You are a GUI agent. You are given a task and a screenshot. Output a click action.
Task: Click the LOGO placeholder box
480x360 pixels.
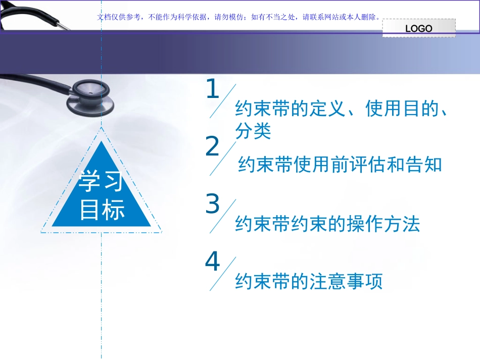419,28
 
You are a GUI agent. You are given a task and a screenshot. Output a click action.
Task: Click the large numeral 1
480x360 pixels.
213,90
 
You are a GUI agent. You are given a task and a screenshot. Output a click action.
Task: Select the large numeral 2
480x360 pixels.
213,147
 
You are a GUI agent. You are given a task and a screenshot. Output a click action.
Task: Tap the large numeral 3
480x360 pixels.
213,204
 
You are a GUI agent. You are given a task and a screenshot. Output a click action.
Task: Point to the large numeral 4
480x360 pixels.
213,262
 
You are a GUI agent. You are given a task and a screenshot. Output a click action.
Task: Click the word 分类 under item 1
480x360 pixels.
253,131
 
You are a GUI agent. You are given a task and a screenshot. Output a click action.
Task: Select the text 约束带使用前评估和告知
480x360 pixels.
340,165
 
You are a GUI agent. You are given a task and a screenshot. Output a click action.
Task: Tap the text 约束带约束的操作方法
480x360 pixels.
327,224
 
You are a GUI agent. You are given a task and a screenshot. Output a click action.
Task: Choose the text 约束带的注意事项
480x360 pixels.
309,281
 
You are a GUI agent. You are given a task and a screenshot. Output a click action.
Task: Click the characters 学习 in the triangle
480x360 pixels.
101,182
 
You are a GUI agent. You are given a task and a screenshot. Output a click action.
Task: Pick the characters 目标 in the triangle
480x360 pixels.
102,210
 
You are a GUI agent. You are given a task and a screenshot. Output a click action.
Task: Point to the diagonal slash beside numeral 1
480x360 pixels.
223,101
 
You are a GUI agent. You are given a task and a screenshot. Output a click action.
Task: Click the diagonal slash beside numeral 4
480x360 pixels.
223,273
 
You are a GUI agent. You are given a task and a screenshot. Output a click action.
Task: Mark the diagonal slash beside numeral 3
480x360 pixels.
223,216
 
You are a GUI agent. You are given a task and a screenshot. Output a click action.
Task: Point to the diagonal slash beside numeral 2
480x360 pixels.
223,159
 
